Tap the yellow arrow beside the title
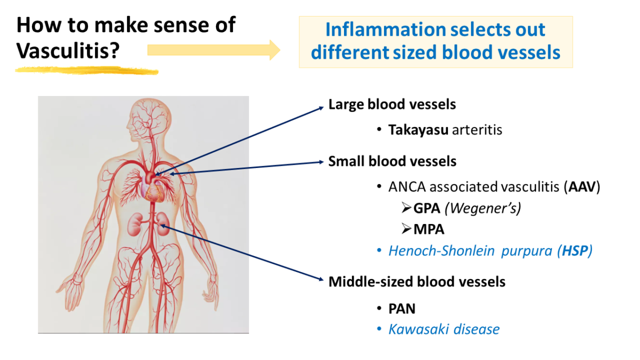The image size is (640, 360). pos(213,50)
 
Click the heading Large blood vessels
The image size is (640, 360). pos(392,105)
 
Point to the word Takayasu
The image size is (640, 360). pos(418,130)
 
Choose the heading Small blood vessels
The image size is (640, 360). pos(392,161)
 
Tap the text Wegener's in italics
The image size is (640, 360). pos(483,208)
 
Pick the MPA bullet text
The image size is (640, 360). pos(429,229)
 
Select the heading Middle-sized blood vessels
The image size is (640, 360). pos(417,281)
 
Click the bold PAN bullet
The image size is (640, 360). pos(402,308)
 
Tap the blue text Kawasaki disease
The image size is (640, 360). pos(444,329)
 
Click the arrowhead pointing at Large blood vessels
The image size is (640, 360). pos(321,107)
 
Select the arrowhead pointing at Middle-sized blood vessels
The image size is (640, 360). pos(321,279)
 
